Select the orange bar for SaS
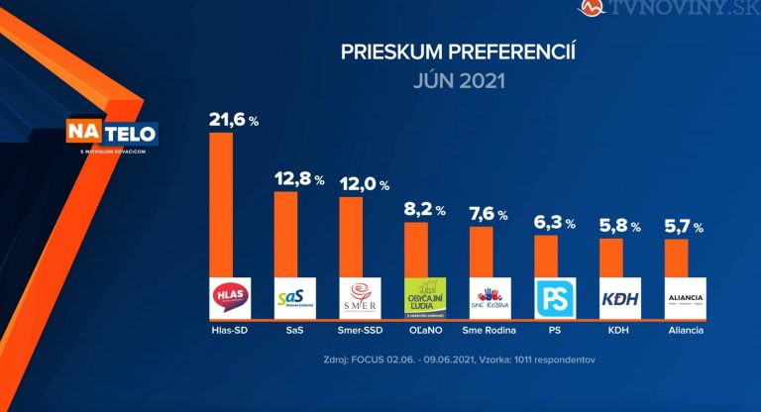coord(285,234)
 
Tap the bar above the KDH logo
coord(611,257)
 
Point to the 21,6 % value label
coord(233,120)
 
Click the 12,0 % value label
coord(364,184)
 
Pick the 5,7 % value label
coord(684,227)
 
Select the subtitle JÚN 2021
coord(458,80)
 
